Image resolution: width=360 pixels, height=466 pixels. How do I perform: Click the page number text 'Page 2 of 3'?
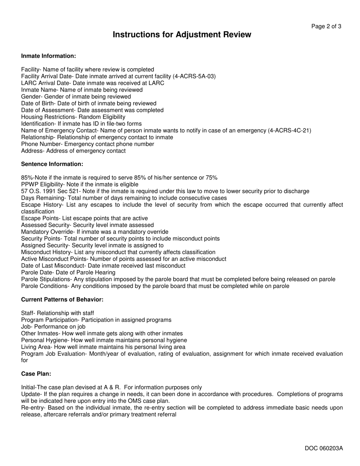point(326,27)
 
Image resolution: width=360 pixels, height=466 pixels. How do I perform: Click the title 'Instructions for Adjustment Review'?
point(182,35)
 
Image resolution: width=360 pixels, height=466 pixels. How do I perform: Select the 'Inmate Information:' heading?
point(49,56)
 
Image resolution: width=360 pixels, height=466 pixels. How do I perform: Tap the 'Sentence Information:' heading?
point(52,164)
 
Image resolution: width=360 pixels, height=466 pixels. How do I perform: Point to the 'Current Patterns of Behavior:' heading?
point(62,300)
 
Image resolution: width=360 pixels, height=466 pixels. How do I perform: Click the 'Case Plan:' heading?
point(36,374)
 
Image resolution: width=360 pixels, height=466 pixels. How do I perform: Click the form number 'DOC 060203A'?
point(324,449)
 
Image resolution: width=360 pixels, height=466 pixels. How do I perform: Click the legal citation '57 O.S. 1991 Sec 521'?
point(50,191)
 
